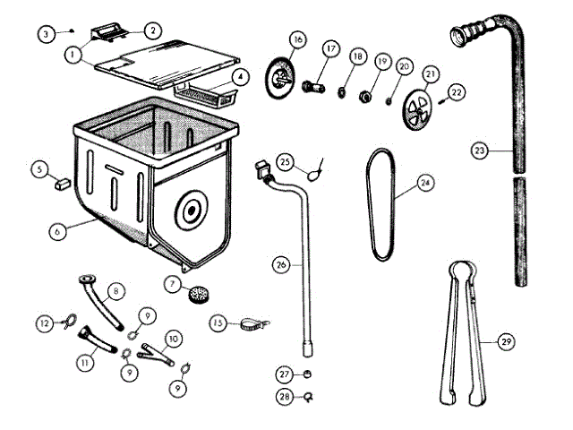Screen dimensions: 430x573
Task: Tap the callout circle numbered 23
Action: click(x=480, y=150)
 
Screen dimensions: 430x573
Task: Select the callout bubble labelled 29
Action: click(x=507, y=341)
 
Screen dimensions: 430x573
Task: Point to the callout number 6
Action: click(x=56, y=230)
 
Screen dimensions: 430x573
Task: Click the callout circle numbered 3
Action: click(x=47, y=34)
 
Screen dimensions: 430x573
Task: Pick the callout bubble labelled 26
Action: click(x=280, y=265)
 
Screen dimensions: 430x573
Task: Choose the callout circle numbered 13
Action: click(x=218, y=322)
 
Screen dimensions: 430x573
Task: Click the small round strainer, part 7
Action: click(x=197, y=291)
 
